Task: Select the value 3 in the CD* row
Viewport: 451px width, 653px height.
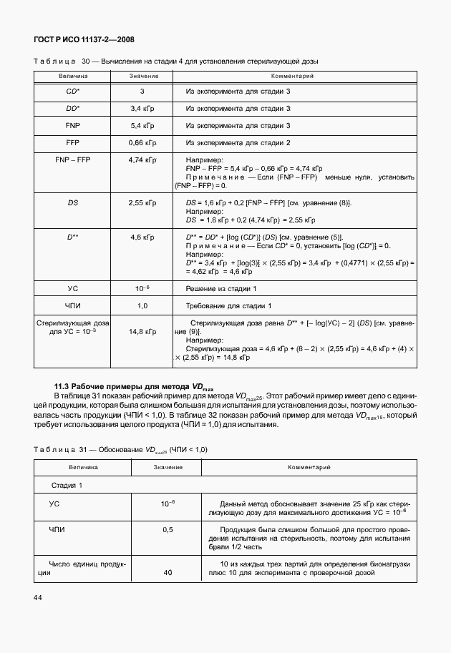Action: coord(142,92)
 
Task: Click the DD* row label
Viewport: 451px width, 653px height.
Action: coord(72,108)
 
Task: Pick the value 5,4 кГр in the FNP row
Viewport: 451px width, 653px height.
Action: coord(142,125)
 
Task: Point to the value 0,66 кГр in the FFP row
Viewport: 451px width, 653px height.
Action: coord(142,142)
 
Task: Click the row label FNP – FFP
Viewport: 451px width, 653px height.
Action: coord(72,160)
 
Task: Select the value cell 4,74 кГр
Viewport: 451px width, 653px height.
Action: coord(142,160)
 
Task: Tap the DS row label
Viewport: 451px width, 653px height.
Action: coord(72,203)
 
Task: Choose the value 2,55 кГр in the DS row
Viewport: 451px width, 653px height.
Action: coord(142,203)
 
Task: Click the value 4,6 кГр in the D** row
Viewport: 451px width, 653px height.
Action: coord(142,237)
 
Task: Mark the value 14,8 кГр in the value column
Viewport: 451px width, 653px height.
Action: coord(142,332)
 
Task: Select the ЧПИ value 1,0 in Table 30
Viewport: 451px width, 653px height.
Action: coord(142,306)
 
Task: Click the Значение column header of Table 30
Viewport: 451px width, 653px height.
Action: coord(142,76)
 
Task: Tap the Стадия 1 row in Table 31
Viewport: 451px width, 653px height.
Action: coord(67,485)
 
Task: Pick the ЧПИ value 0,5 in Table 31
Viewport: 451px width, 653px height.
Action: coord(168,530)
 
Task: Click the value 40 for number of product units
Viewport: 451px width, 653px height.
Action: coord(168,572)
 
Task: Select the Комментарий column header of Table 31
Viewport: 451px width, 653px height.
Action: coord(309,467)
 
